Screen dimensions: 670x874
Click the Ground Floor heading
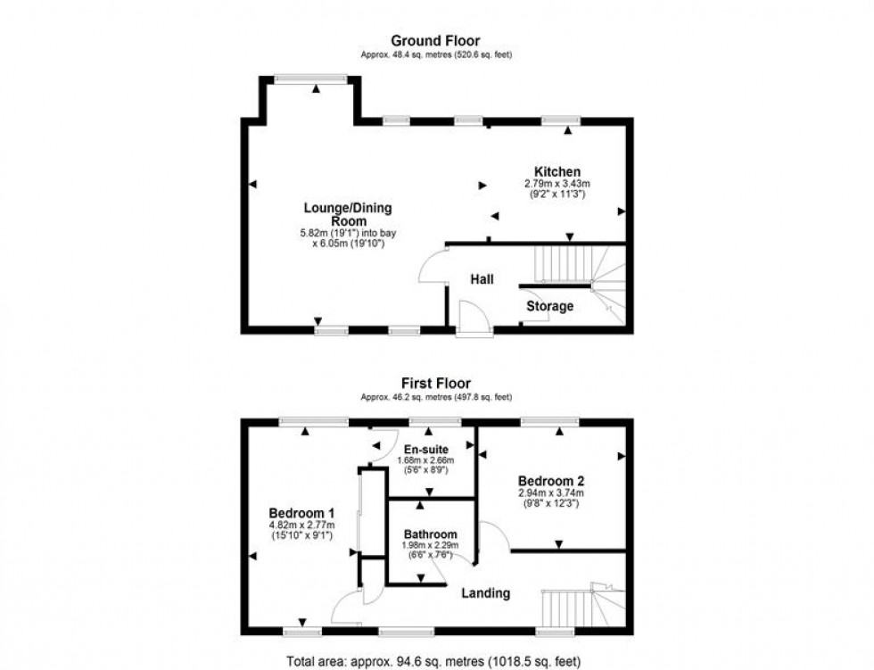pyautogui.click(x=436, y=41)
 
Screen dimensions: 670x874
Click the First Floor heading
pyautogui.click(x=436, y=384)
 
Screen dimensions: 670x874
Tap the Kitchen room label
pyautogui.click(x=557, y=172)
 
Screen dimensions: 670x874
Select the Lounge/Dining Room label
pyautogui.click(x=348, y=214)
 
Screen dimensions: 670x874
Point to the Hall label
pyautogui.click(x=482, y=279)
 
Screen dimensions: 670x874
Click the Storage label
pyautogui.click(x=549, y=306)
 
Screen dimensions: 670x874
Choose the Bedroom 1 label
pyautogui.click(x=301, y=513)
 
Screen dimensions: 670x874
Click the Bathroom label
pyautogui.click(x=430, y=534)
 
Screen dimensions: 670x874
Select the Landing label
pyautogui.click(x=485, y=592)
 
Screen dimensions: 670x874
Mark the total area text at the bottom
pyautogui.click(x=436, y=662)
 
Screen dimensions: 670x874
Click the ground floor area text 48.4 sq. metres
pyautogui.click(x=436, y=55)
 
